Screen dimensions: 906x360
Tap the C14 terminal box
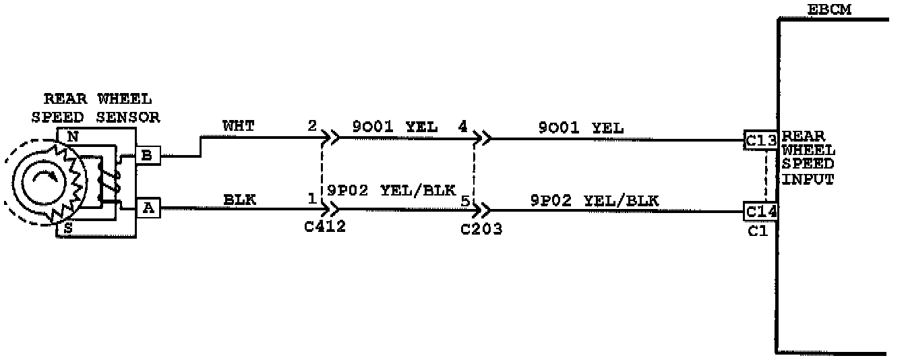click(x=761, y=211)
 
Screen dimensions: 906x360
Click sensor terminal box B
click(x=148, y=156)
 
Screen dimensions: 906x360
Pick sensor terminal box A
click(x=148, y=209)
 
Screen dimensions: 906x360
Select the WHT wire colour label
click(x=238, y=126)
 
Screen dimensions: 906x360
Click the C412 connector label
click(x=325, y=227)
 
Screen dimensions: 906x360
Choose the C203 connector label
click(x=481, y=229)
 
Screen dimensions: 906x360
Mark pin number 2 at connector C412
click(x=311, y=126)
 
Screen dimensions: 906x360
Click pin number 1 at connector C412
click(x=311, y=199)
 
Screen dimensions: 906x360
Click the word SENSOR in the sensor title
click(x=128, y=117)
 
